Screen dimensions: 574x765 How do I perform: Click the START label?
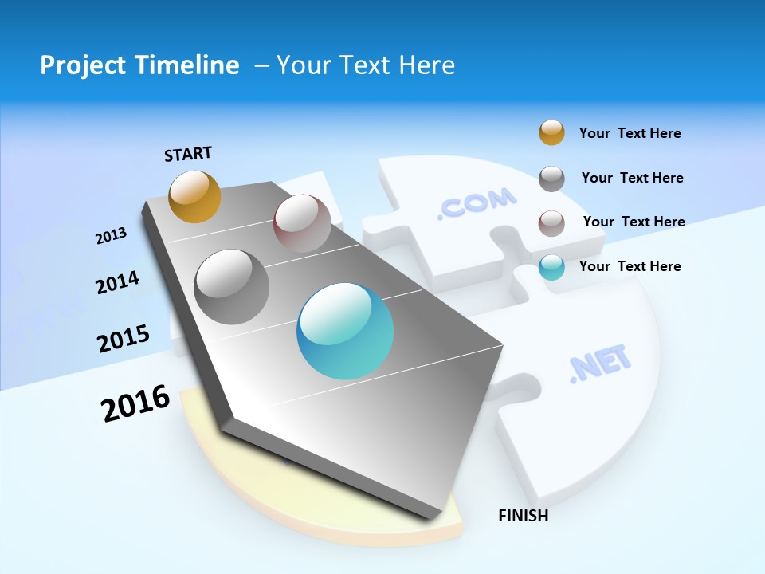188,154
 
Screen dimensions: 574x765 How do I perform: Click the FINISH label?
524,516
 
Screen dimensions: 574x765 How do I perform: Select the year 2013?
111,236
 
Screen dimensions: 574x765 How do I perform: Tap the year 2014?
117,282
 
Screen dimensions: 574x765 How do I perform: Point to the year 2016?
135,403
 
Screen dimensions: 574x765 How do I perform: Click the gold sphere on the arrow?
195,196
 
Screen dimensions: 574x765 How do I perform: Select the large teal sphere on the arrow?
345,331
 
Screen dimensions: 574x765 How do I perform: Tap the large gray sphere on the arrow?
232,286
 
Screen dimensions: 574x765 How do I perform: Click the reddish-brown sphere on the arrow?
302,223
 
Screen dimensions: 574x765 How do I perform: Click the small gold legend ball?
551,132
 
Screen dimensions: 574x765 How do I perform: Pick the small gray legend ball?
551,179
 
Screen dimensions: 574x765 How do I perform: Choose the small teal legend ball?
551,268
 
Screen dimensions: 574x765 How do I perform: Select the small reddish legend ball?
551,223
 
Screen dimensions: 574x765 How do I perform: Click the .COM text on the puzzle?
477,203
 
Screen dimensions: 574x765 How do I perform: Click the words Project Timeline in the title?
139,65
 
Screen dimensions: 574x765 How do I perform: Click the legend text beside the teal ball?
630,266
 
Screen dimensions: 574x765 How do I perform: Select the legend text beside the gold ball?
630,133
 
